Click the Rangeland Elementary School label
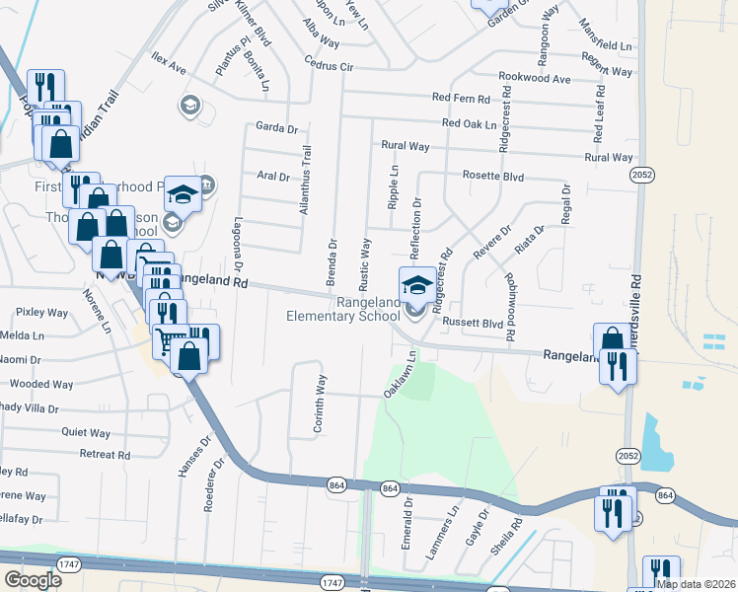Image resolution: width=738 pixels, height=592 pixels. click(341, 309)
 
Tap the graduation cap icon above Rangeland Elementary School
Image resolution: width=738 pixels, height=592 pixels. click(416, 285)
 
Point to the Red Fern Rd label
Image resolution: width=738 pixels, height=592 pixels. click(462, 99)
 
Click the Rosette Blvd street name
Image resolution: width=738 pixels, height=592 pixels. click(493, 176)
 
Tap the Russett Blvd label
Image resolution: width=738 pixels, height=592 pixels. click(473, 323)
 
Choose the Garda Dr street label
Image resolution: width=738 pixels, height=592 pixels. click(276, 127)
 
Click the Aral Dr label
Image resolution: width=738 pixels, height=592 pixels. click(272, 178)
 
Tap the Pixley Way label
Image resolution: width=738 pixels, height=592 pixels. click(40, 312)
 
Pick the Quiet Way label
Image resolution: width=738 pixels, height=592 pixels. click(86, 432)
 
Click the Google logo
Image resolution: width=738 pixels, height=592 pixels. click(34, 580)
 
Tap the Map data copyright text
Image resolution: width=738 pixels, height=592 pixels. click(696, 584)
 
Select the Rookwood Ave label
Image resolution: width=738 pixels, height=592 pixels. click(535, 78)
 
